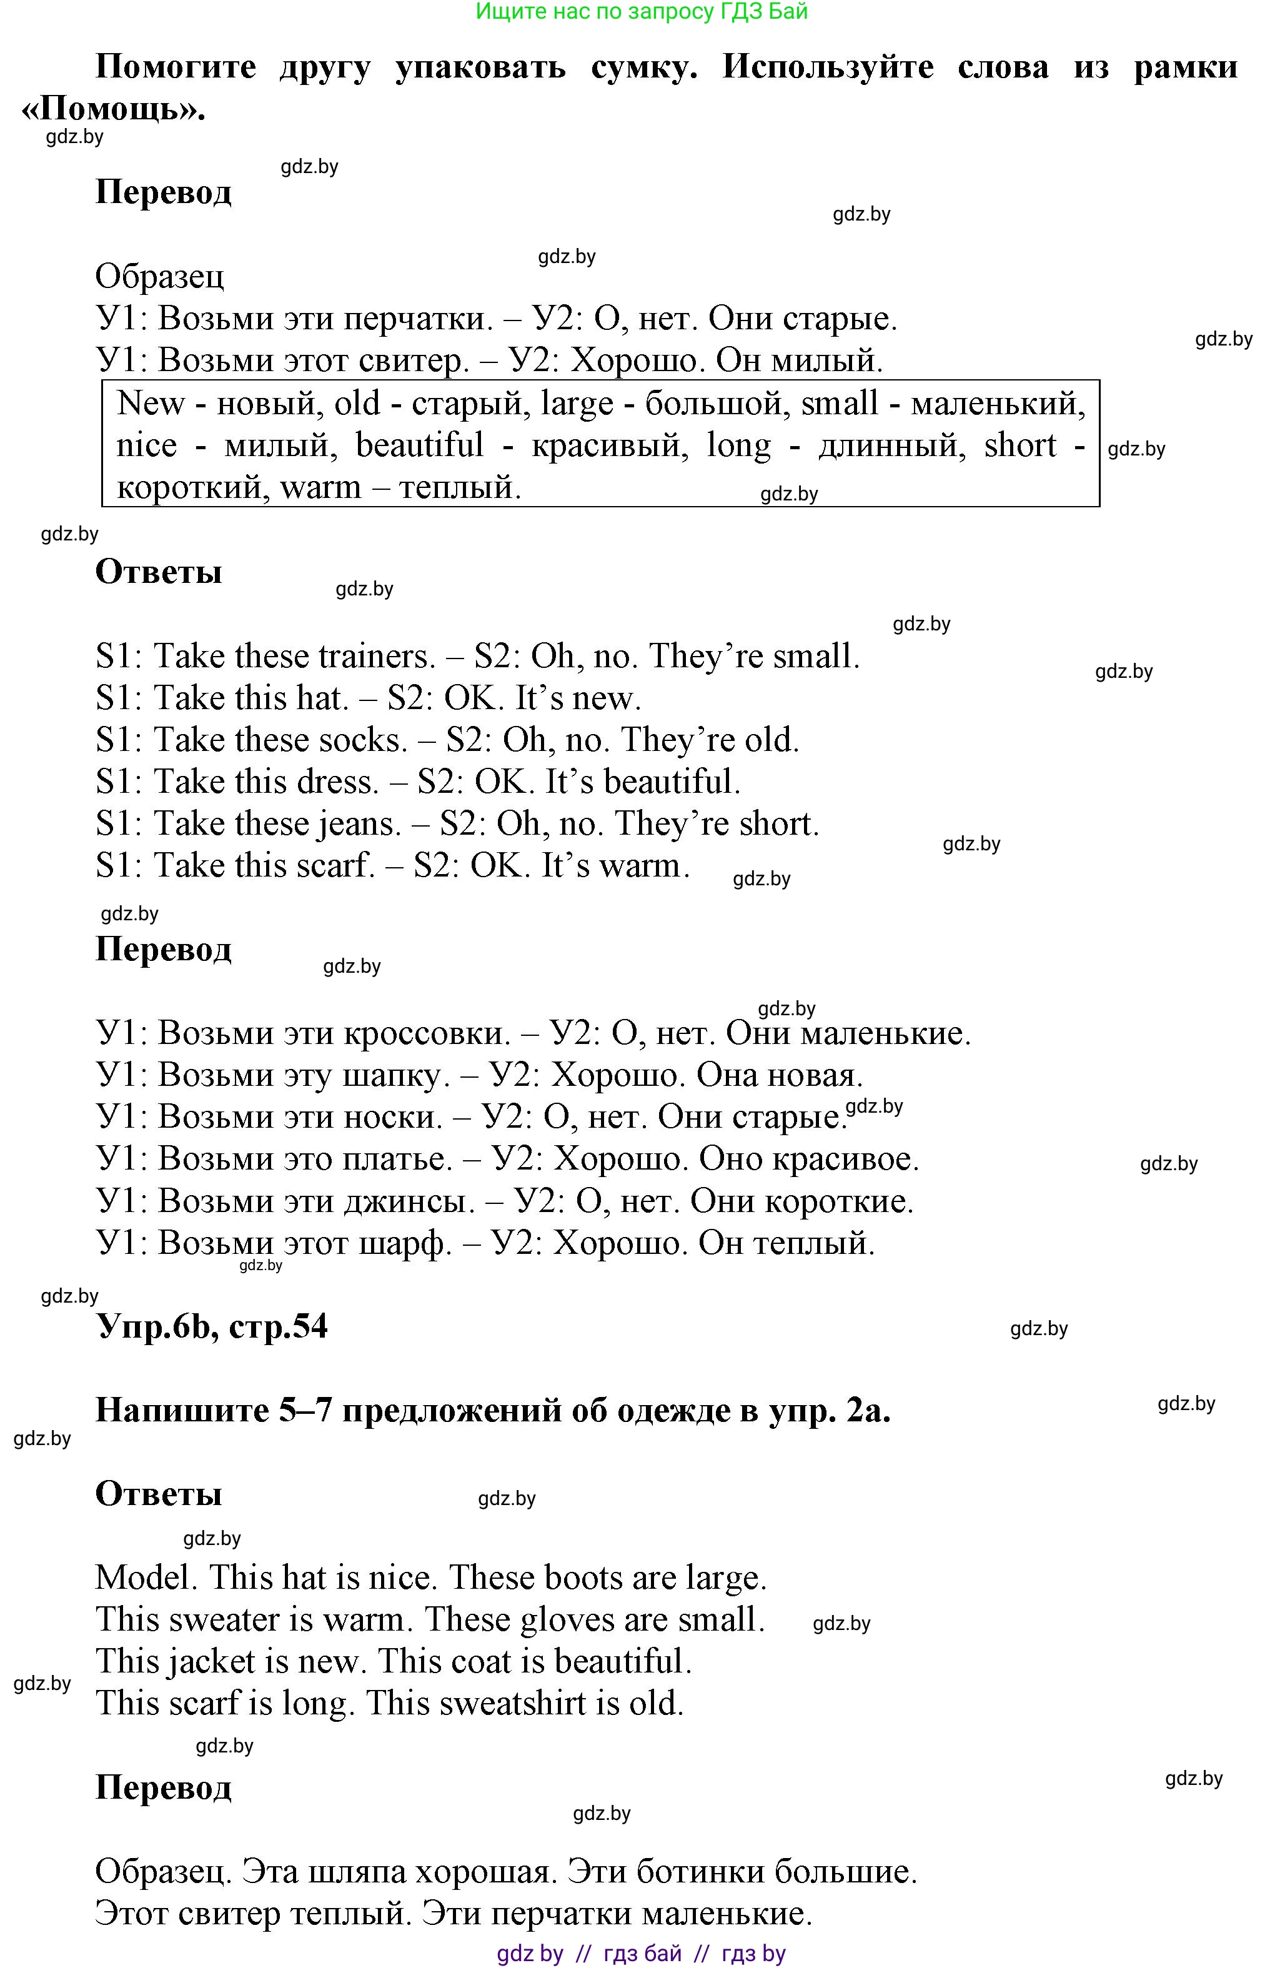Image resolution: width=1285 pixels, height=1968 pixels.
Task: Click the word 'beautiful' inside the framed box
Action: pyautogui.click(x=419, y=445)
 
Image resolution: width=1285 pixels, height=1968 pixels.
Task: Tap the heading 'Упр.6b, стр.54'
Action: pyautogui.click(x=212, y=1326)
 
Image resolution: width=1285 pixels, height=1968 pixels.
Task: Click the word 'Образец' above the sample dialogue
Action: pyautogui.click(x=159, y=276)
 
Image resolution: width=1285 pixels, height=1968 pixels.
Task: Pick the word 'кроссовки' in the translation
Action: pyautogui.click(x=427, y=1033)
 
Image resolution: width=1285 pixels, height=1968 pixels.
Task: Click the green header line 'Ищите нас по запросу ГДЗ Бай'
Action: pyautogui.click(x=642, y=12)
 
